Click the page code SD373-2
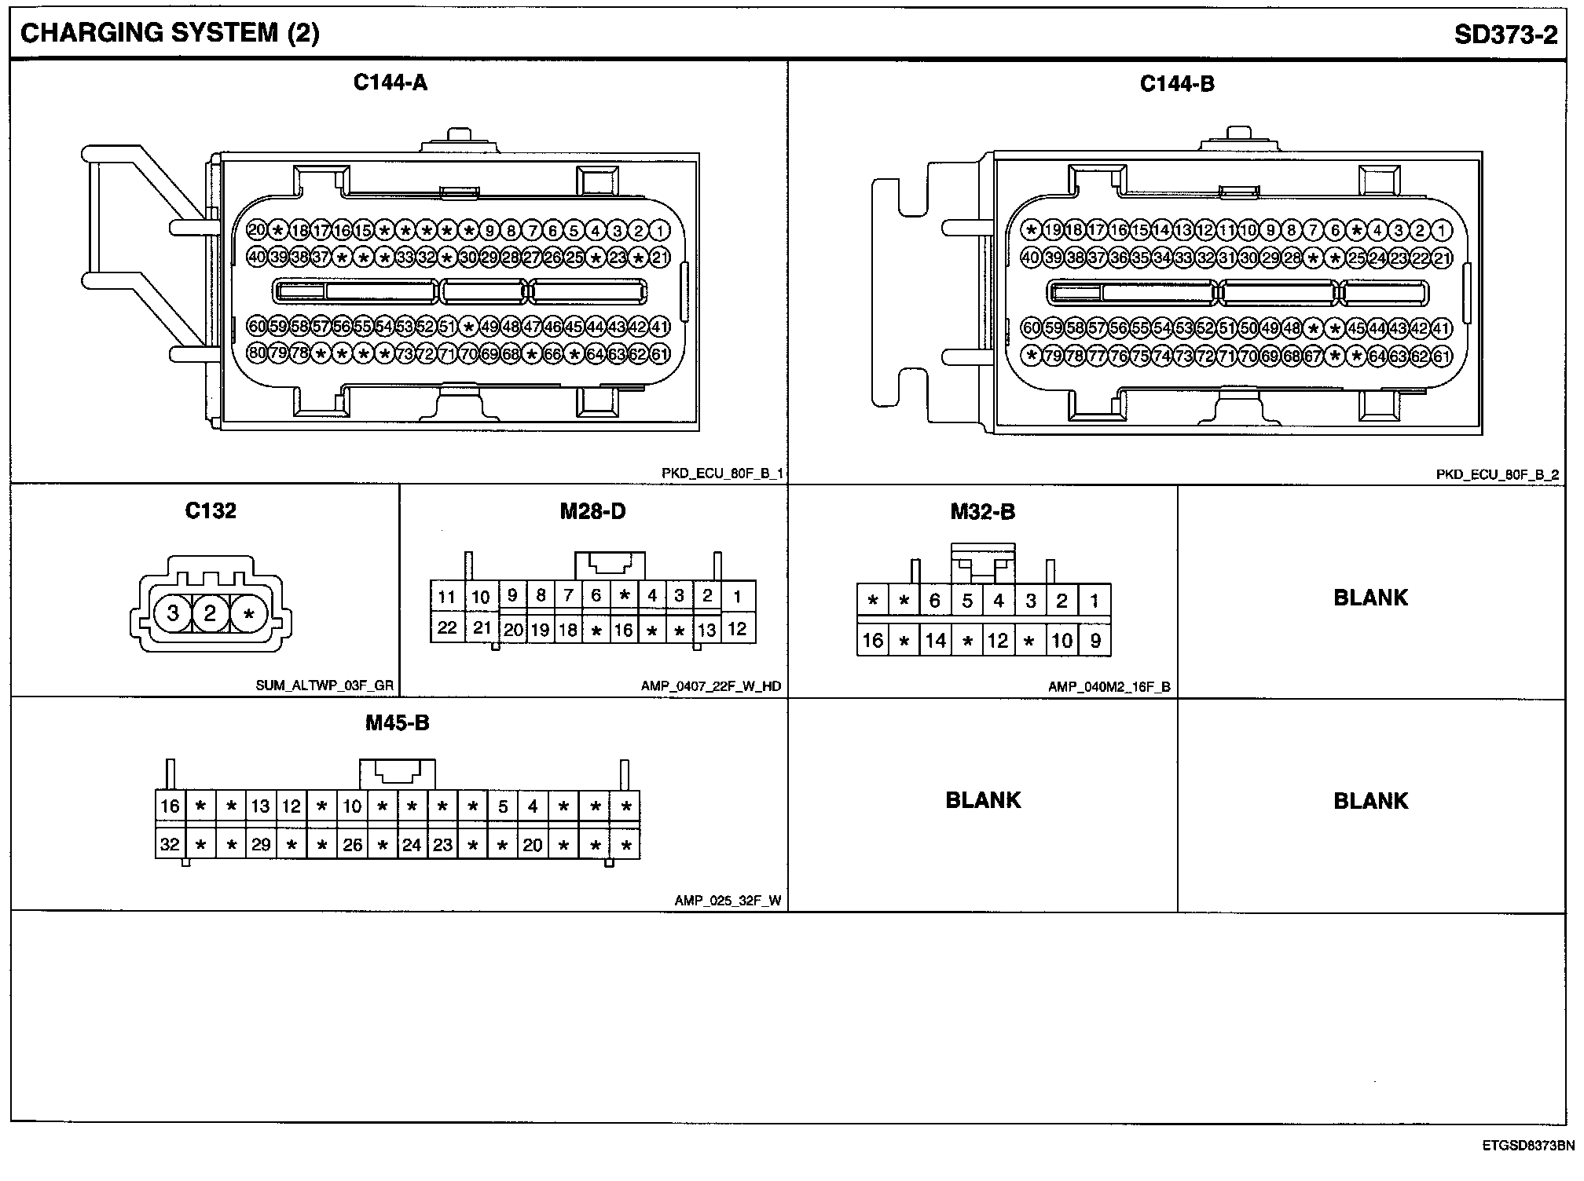[1505, 35]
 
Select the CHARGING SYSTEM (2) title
[170, 33]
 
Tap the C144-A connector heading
[390, 82]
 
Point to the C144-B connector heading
[1177, 84]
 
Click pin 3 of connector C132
[173, 613]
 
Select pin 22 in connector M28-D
[447, 628]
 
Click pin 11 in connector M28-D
[447, 597]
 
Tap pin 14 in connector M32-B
[935, 641]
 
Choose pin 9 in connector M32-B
[1095, 641]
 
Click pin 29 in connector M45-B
[261, 845]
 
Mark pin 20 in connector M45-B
[533, 845]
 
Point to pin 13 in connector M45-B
[261, 806]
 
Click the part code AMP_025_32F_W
[728, 901]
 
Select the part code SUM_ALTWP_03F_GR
[324, 686]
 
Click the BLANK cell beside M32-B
[1371, 598]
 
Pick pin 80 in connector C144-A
[257, 353]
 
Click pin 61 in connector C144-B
[1441, 356]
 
